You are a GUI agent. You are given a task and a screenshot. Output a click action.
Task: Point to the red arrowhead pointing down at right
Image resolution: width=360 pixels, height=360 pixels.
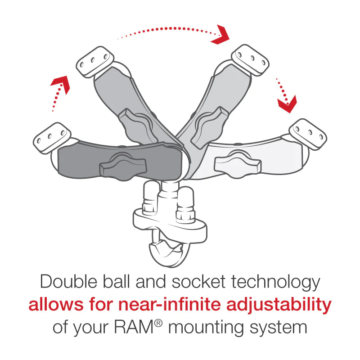[287, 104]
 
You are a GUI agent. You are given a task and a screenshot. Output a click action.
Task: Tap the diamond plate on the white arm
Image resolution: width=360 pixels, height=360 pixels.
[308, 134]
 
